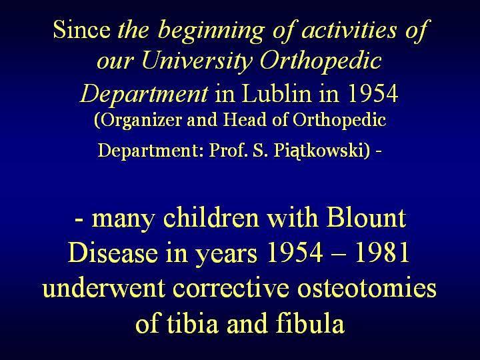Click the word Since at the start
click(x=82, y=29)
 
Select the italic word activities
click(x=349, y=30)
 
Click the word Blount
click(x=366, y=217)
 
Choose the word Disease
click(x=113, y=253)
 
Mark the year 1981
click(x=382, y=253)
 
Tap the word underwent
click(x=105, y=288)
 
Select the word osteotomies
click(x=367, y=288)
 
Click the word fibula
click(x=310, y=323)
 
